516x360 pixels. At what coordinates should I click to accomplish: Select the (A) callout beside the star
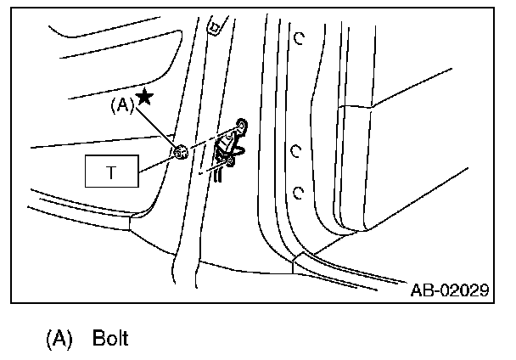[123, 107]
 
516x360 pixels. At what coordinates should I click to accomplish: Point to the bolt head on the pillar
[180, 153]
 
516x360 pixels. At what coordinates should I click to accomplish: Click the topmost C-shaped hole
[299, 37]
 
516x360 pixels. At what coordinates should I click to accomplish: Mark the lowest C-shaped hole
[297, 192]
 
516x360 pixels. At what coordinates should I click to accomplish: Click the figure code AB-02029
[449, 290]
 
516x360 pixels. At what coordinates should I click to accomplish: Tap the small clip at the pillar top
[214, 28]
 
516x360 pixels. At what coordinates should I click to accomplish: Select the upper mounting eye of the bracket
[241, 127]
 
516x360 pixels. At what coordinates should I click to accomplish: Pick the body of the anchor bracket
[227, 149]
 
